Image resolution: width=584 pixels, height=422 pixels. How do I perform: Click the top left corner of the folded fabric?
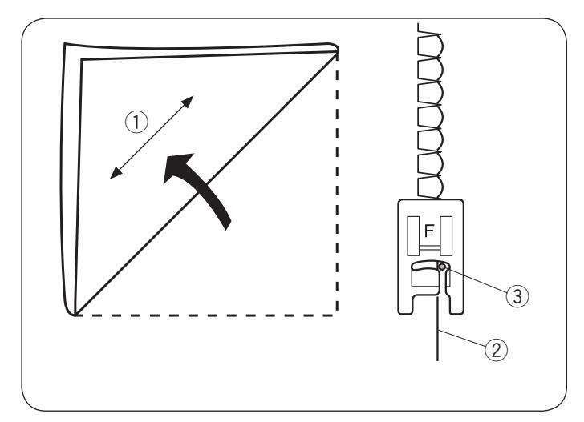64,46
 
